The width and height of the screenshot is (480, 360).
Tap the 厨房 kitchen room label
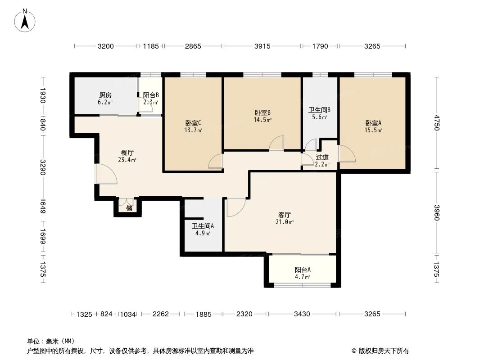pos(105,95)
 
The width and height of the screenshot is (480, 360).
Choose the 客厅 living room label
pos(284,215)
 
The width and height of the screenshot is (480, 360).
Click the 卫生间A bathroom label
pos(203,226)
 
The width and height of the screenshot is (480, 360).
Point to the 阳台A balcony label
pos(303,270)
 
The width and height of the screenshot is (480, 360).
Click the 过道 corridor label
pos(322,157)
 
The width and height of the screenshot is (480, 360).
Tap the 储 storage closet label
pos(129,208)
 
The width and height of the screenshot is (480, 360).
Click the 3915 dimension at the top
pos(262,46)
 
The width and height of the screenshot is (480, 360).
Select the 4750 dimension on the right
pos(436,122)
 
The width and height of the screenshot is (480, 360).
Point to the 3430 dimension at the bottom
pos(302,314)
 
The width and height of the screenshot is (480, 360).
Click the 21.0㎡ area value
pos(285,222)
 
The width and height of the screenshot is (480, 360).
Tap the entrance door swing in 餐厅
pos(106,174)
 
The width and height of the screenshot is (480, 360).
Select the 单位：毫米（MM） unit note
pos(50,341)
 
